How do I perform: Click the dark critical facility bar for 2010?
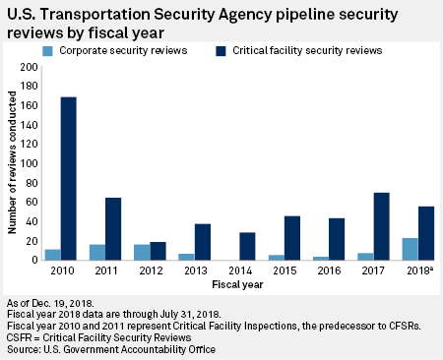(70, 179)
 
